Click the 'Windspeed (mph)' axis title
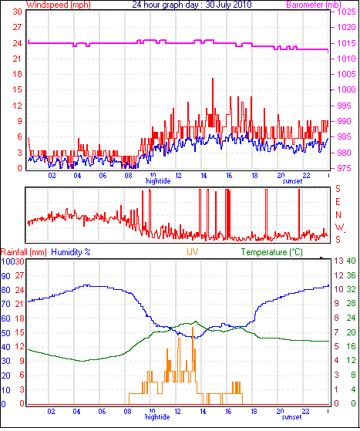(58, 5)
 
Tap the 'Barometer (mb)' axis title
(314, 5)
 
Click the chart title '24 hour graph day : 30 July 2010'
(192, 5)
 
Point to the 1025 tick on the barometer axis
(346, 12)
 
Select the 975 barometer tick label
(344, 168)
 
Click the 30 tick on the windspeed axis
(17, 12)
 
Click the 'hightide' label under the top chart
(158, 181)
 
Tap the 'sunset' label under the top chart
(292, 181)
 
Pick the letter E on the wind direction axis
(338, 202)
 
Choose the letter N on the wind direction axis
(338, 214)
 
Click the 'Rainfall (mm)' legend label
(24, 252)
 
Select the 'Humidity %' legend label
(71, 252)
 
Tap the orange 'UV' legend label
(193, 252)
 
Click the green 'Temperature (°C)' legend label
(272, 252)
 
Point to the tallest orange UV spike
(193, 328)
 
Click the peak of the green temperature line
(196, 322)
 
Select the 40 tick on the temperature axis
(352, 261)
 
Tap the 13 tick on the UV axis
(339, 261)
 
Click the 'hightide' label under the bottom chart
(157, 416)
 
